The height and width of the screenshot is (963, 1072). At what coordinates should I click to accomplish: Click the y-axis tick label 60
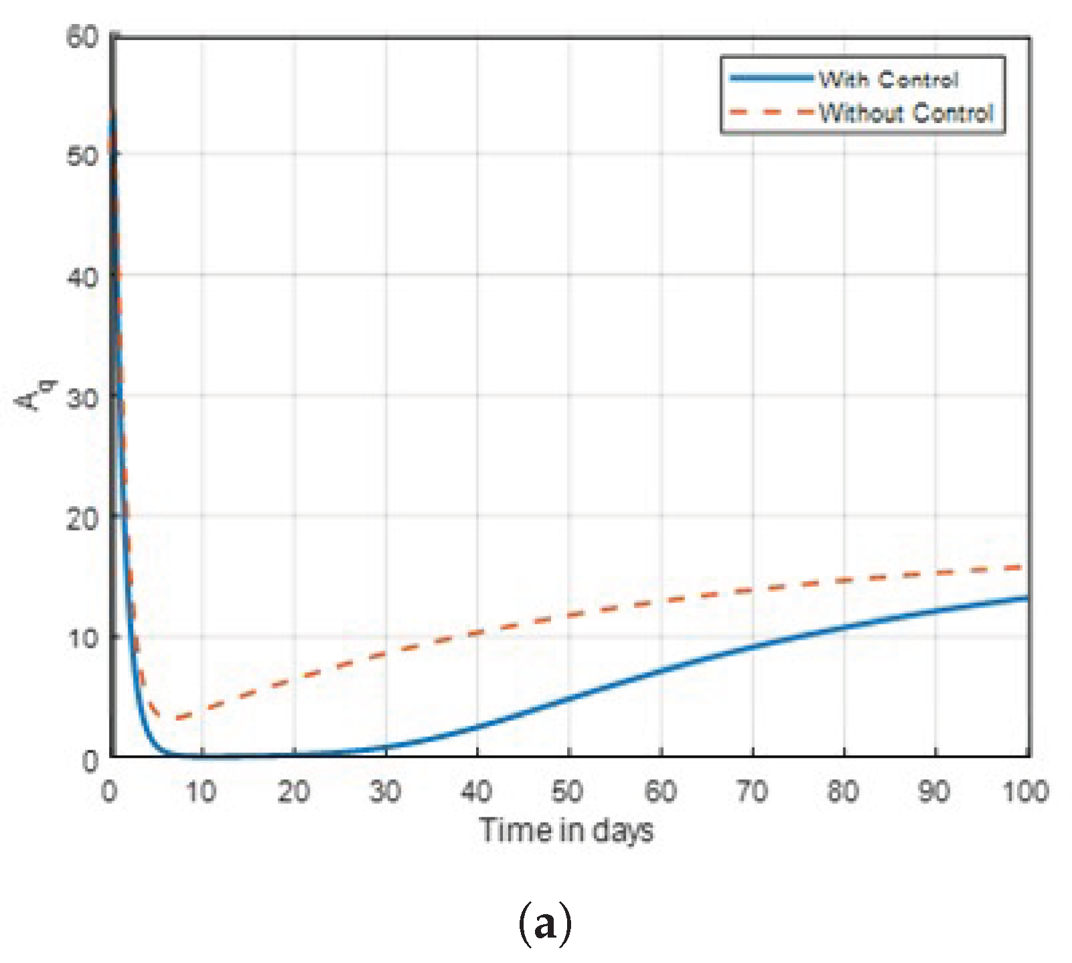tap(82, 36)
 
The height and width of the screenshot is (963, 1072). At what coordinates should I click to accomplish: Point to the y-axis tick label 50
tap(82, 156)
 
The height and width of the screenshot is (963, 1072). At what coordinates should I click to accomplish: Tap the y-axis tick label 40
tap(82, 276)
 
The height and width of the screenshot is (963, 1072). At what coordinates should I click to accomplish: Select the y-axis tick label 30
tap(82, 397)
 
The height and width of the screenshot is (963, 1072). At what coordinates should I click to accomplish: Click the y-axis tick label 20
tap(82, 518)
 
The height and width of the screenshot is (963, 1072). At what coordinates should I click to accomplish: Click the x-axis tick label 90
tap(934, 792)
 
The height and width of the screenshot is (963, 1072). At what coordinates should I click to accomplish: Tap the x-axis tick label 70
tap(752, 792)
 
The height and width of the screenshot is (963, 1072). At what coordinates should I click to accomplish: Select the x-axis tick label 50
tap(568, 792)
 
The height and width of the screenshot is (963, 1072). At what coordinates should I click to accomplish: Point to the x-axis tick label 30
tap(385, 792)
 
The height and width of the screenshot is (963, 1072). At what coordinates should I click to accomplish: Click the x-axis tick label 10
tap(201, 792)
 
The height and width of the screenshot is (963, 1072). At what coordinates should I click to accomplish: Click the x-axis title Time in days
tap(566, 831)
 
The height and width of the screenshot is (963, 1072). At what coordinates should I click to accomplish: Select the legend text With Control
tap(889, 80)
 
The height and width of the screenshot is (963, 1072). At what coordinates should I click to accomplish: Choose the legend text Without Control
tap(906, 112)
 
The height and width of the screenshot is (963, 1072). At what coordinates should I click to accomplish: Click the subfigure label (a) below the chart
tap(545, 924)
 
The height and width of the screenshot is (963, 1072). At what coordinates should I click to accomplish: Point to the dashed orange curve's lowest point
tap(177, 719)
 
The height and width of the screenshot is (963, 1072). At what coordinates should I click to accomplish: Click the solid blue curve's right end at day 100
tap(1027, 598)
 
